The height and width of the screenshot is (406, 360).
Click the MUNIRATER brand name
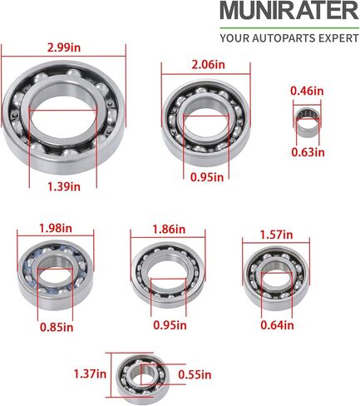tap(289, 11)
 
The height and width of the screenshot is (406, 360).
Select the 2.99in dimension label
tap(64, 47)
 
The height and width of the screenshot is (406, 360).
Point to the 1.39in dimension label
tap(64, 186)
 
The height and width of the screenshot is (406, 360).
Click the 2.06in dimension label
tap(209, 65)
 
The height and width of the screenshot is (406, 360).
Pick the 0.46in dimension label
tap(307, 91)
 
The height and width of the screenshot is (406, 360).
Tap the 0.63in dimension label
tap(308, 152)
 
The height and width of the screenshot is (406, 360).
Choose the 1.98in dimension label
tap(56, 228)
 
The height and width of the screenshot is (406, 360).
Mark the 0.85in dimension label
tap(57, 327)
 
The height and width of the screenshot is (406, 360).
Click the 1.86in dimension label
tap(169, 230)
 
